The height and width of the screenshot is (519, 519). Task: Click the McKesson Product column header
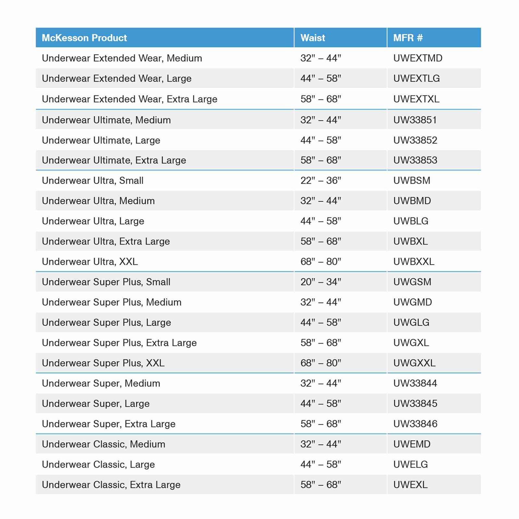pos(84,38)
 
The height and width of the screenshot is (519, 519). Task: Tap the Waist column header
pos(313,38)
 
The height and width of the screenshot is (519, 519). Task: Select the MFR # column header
pos(408,38)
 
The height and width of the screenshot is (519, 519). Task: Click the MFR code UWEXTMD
pos(418,58)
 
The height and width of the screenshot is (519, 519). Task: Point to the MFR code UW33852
pos(415,140)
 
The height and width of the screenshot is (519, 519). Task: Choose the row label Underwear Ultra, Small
pos(93,181)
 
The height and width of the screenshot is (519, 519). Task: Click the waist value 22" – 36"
pos(320,181)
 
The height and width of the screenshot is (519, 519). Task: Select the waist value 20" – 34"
pos(320,282)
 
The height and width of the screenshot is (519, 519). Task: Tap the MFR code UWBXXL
pos(414,262)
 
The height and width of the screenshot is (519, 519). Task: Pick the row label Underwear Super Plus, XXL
pos(103,363)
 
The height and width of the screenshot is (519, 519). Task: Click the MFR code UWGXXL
pos(414,363)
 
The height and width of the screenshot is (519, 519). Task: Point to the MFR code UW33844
pos(415,383)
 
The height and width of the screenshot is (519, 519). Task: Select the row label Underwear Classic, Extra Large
pos(111,485)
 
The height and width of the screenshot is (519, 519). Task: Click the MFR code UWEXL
pos(410,485)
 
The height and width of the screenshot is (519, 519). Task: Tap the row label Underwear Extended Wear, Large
pos(117,78)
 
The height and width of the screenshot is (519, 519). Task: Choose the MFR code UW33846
pos(415,424)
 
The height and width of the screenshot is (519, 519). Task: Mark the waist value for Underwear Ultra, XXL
pos(320,262)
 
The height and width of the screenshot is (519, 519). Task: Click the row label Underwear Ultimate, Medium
pos(106,120)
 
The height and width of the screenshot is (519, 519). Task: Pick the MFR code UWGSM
pos(412,282)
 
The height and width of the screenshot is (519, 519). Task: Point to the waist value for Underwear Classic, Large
pos(320,465)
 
